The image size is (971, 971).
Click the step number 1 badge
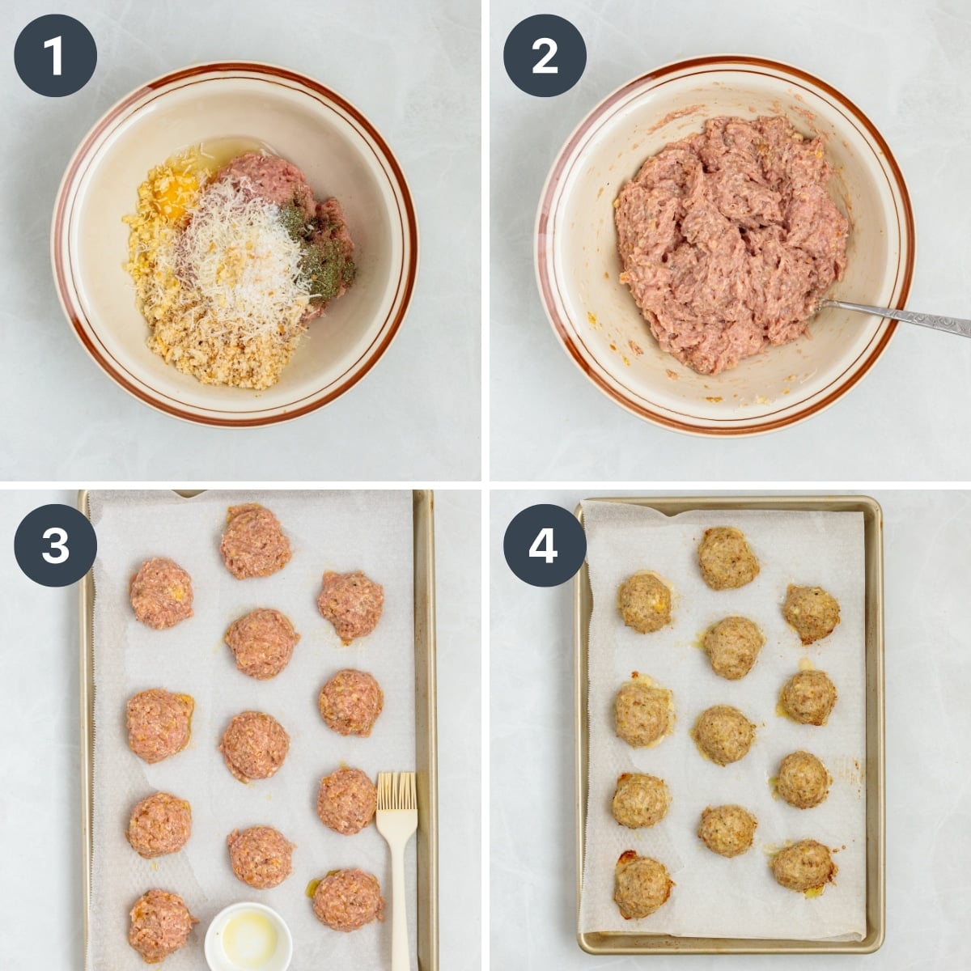tap(55, 56)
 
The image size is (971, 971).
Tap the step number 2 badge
tap(545, 56)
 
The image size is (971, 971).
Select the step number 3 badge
tap(55, 545)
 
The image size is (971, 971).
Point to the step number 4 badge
tap(545, 545)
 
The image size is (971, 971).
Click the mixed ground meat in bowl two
tap(728, 243)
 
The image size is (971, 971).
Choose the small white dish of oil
tap(248, 939)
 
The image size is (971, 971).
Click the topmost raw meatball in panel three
tap(255, 541)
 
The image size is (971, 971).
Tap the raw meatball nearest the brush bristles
tap(346, 799)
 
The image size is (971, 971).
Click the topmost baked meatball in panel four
tap(728, 558)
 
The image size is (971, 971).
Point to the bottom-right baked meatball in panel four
tap(803, 864)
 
